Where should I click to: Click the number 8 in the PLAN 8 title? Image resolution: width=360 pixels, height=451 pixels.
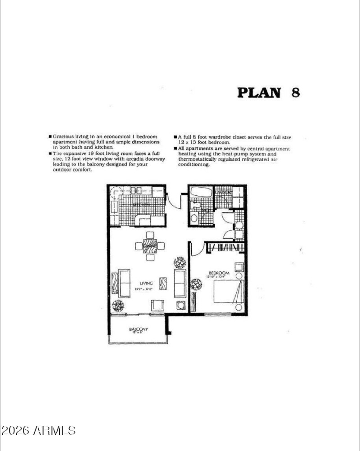pos(295,92)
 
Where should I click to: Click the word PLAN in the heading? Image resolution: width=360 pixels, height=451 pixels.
pos(258,93)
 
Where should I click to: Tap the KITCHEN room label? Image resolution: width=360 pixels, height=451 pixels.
pos(141,205)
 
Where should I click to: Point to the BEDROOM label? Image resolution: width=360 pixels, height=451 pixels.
pos(219,273)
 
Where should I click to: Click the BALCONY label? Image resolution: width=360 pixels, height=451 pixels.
pos(139,329)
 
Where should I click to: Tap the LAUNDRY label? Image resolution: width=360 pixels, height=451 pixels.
pos(223,193)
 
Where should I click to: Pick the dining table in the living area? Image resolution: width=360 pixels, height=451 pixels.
pos(150,246)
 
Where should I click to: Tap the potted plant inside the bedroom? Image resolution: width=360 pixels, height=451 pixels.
pos(196,284)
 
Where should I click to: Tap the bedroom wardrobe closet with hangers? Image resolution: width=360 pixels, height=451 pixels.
pos(225,248)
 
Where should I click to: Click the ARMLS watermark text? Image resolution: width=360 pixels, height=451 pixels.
pos(38,430)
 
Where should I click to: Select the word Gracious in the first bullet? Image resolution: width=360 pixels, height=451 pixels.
pos(63,136)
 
